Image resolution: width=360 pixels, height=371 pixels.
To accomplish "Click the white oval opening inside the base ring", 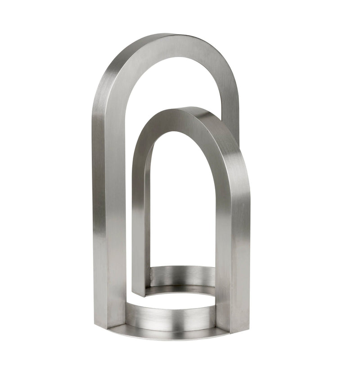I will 180,299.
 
